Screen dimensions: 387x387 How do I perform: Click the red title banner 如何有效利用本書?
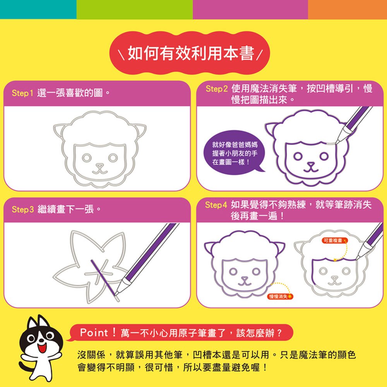pos(190,53)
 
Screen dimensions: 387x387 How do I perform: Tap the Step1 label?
pos(22,93)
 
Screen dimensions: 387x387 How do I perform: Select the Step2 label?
pos(216,89)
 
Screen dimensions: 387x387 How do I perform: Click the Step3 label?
pos(23,209)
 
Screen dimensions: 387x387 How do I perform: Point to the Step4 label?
pos(216,205)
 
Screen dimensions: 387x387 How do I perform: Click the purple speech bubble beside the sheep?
pos(233,153)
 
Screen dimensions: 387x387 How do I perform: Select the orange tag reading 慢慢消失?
pos(280,296)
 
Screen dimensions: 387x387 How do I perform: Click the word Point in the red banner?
pos(94,333)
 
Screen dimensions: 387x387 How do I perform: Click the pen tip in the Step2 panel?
pos(337,143)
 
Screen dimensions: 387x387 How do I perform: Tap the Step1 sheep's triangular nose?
pos(100,166)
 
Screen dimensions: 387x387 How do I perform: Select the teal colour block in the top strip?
pos(38,9)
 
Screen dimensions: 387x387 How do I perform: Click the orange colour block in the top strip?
pos(348,9)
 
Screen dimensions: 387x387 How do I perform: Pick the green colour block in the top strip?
pos(135,9)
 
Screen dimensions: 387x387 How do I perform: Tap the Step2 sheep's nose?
pos(311,164)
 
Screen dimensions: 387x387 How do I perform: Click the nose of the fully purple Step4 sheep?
pos(245,279)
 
